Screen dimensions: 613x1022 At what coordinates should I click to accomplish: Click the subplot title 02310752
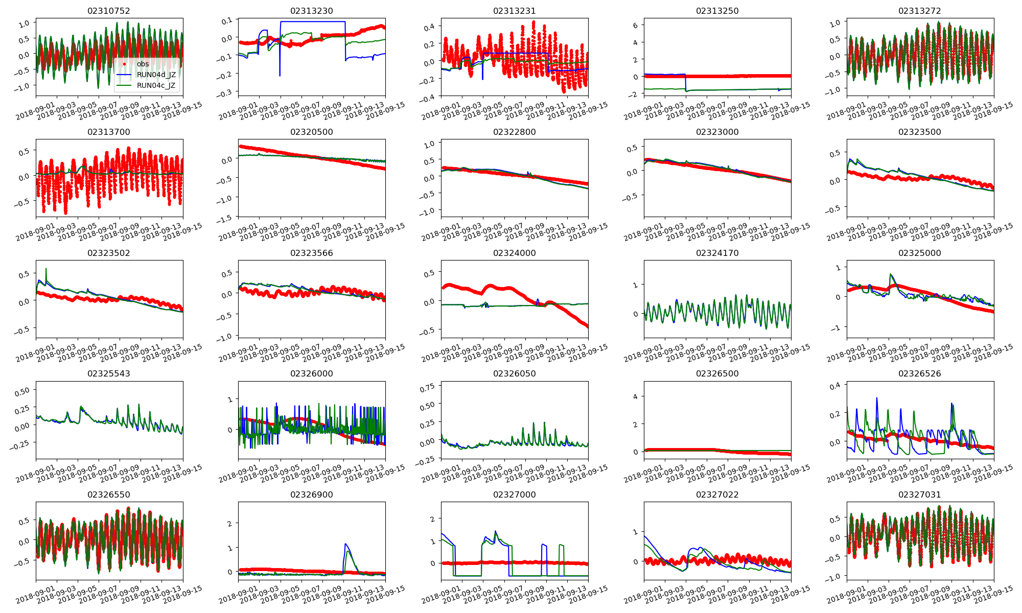click(109, 11)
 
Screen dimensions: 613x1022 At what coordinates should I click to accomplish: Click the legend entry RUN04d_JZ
click(156, 75)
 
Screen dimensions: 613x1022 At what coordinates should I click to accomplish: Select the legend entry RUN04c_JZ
click(156, 85)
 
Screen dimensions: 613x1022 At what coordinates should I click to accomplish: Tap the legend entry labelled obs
click(143, 64)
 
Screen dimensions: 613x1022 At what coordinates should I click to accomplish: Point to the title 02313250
click(717, 11)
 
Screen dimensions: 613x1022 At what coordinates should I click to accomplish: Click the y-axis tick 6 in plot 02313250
click(636, 25)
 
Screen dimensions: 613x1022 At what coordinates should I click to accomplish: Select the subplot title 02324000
click(514, 253)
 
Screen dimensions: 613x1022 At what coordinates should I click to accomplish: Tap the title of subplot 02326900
click(311, 494)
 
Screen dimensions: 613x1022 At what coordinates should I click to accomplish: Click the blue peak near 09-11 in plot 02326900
click(346, 544)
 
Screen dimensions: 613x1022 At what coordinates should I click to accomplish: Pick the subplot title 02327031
click(919, 494)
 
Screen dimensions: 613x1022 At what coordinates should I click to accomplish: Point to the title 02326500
click(717, 373)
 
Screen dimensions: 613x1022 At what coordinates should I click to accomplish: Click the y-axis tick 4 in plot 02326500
click(636, 396)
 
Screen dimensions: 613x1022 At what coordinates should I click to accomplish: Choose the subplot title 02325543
click(109, 373)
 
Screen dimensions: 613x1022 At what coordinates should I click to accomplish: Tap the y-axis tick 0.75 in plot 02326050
click(427, 387)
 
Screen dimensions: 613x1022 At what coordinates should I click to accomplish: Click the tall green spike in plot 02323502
click(46, 269)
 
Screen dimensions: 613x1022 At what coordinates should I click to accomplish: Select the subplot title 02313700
click(109, 132)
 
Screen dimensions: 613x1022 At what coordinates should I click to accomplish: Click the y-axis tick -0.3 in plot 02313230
click(225, 92)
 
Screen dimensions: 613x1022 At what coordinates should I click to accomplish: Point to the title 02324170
click(717, 253)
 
